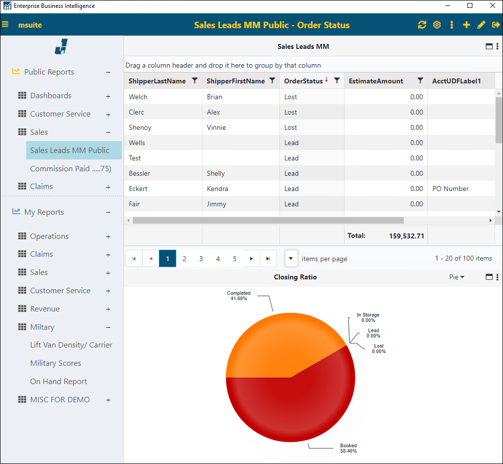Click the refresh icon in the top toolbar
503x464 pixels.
click(422, 25)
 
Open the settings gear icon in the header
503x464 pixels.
click(437, 25)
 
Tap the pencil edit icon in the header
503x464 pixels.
click(481, 25)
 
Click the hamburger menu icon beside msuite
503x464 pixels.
click(5, 25)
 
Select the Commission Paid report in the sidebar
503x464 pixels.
click(71, 169)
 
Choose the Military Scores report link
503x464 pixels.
click(55, 363)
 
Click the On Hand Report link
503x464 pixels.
click(58, 382)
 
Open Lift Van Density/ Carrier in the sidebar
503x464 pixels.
click(71, 345)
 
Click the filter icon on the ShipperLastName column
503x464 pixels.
click(194, 81)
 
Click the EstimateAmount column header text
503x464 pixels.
click(376, 81)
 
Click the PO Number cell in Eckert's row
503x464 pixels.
click(450, 189)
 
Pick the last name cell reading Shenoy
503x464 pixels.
click(140, 127)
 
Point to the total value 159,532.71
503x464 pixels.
click(406, 236)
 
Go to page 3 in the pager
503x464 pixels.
click(201, 259)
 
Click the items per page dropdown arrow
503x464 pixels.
click(291, 259)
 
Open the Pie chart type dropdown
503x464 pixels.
click(457, 277)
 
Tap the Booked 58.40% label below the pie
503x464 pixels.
click(348, 448)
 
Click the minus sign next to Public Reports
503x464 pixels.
click(108, 73)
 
